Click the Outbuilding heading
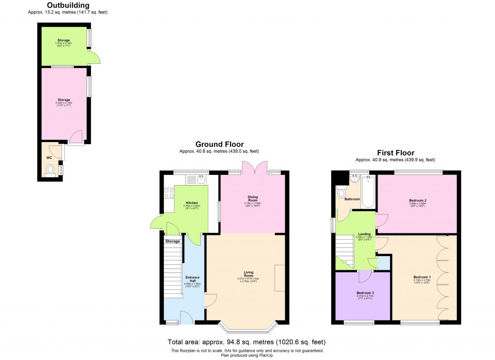tap(68, 6)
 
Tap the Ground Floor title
tap(219, 144)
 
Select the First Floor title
tap(395, 153)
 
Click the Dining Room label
tap(253, 198)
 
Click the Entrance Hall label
tap(193, 279)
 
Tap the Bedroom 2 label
tap(417, 200)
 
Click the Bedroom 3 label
tap(365, 293)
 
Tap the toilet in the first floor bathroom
tap(343, 193)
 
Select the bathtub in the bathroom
tap(368, 192)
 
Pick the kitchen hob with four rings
tap(169, 193)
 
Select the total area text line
tap(247, 342)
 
